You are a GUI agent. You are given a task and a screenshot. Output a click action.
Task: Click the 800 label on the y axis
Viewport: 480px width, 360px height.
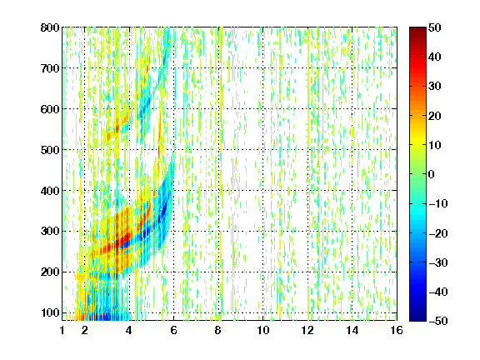pos(50,27)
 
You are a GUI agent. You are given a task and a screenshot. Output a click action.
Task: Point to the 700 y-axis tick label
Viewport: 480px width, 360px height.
pos(50,68)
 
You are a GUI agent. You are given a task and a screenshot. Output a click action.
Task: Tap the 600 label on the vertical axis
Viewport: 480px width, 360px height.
pos(50,109)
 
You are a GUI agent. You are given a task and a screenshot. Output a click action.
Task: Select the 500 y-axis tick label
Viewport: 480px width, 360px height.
pos(50,150)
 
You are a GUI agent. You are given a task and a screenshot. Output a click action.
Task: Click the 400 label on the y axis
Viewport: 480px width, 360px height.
pos(50,191)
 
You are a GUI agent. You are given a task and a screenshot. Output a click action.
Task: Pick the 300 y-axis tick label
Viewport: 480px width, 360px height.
pos(50,231)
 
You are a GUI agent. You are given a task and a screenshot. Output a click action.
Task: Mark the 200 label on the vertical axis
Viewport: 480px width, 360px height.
pos(50,272)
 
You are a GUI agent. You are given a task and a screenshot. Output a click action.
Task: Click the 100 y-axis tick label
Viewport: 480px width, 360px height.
pos(50,312)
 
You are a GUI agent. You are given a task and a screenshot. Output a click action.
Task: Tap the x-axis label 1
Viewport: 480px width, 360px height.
pos(62,330)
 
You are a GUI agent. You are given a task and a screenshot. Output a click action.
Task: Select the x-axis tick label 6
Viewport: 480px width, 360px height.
pos(173,330)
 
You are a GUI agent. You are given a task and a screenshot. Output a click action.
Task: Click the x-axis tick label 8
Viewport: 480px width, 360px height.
pos(218,330)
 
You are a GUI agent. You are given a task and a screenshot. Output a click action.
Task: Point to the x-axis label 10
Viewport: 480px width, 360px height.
pos(263,330)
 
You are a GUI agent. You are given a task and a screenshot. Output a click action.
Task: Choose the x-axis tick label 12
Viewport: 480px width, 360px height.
pos(307,330)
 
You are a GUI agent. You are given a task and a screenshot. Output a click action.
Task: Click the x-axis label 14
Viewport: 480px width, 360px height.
pos(352,330)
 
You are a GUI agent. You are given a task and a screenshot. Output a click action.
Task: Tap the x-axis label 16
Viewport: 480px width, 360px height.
pos(397,330)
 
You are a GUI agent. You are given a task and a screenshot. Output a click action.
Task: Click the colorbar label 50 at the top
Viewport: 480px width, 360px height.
pos(434,27)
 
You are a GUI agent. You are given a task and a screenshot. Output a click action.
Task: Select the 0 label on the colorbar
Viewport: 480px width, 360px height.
pos(432,174)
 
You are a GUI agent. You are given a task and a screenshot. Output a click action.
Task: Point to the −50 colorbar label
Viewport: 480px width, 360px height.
pos(438,321)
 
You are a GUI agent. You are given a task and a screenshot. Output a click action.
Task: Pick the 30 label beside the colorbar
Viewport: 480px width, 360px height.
pos(434,87)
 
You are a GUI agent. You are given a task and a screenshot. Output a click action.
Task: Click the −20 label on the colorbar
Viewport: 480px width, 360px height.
pos(438,233)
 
